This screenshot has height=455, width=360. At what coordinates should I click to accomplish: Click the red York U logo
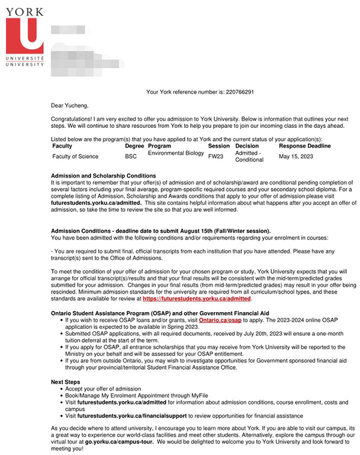(x=24, y=37)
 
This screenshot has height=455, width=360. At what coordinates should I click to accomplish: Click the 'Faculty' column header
(x=62, y=146)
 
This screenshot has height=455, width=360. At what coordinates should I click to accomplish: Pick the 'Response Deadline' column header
(x=304, y=146)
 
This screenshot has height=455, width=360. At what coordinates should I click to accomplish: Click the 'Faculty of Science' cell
(x=75, y=157)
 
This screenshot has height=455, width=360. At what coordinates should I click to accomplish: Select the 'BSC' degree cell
(x=131, y=157)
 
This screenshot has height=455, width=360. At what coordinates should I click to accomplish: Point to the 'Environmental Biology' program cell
(x=176, y=154)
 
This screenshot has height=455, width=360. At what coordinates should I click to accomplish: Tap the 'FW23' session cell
(x=215, y=156)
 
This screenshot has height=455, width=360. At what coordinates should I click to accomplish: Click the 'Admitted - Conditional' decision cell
(x=249, y=157)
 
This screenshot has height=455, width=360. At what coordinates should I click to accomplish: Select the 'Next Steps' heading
(x=67, y=381)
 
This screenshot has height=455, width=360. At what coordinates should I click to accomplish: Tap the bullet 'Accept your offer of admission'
(x=103, y=389)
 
